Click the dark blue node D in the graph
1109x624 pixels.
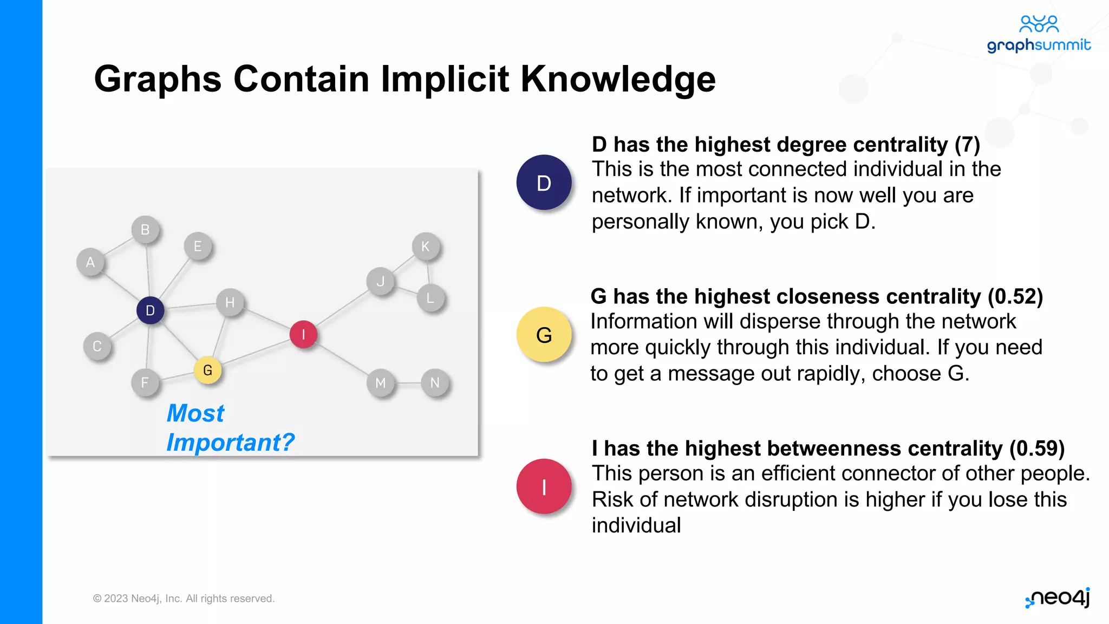tap(150, 310)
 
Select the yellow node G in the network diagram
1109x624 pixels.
tap(207, 370)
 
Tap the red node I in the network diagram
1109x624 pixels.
tap(303, 334)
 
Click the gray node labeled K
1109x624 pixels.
tap(426, 246)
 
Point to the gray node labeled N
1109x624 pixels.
tap(435, 382)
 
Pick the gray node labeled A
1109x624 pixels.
tap(90, 262)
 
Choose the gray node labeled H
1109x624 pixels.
tap(230, 302)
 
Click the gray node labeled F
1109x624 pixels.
tap(145, 382)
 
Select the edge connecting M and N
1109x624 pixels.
tap(408, 383)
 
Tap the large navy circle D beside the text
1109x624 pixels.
tap(544, 183)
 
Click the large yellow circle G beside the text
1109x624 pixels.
tap(544, 335)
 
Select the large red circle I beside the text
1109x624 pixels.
tap(544, 486)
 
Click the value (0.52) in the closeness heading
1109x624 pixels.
tap(1015, 297)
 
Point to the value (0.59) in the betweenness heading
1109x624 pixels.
tap(1036, 448)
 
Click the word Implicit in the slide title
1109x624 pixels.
tap(445, 79)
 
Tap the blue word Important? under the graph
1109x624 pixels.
tap(230, 443)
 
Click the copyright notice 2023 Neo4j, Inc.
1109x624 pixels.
tap(184, 599)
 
